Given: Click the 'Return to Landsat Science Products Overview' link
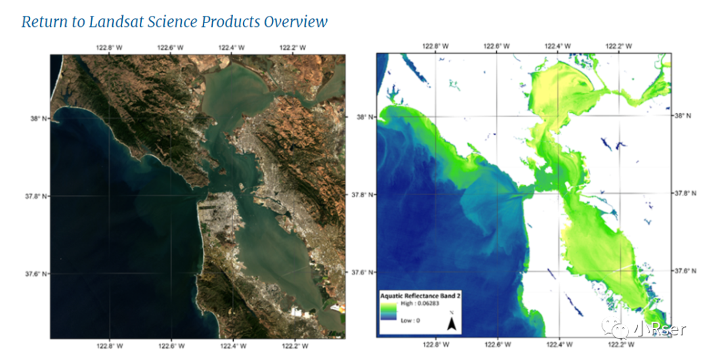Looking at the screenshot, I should tap(174, 21).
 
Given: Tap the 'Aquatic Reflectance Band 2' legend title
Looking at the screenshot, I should tap(420, 296).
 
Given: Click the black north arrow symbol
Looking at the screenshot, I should tap(452, 323).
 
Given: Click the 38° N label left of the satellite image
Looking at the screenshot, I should tap(37, 119).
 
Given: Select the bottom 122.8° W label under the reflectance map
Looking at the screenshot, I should tap(436, 344).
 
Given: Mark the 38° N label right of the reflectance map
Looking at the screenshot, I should tap(683, 116).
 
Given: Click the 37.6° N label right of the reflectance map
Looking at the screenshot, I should tap(687, 271).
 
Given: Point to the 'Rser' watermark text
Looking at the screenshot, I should tap(668, 329).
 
